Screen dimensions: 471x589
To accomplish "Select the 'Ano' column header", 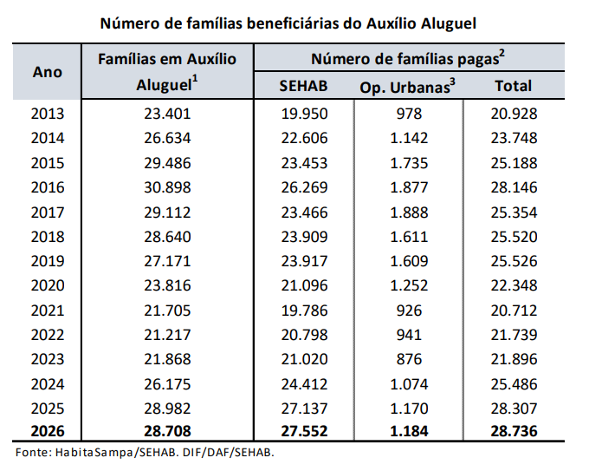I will click(x=47, y=72).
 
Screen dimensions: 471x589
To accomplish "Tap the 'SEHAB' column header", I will click(x=303, y=86).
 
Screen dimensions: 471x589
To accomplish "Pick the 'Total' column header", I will click(x=513, y=86).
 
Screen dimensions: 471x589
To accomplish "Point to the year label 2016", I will click(x=47, y=186).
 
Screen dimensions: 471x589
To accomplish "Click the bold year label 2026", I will click(x=47, y=431).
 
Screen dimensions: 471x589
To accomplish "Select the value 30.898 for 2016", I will click(x=167, y=186).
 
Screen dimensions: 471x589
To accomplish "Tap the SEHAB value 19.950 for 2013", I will click(x=303, y=114).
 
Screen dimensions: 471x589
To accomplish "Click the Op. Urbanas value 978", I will click(x=408, y=114).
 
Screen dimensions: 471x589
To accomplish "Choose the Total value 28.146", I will click(x=513, y=186).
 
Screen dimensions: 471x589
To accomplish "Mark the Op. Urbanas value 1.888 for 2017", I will click(x=408, y=212).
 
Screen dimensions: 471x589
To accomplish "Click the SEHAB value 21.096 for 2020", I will click(x=303, y=285).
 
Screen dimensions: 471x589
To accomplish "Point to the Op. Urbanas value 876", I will click(x=408, y=358).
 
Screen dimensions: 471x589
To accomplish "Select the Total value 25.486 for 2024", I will click(x=513, y=383).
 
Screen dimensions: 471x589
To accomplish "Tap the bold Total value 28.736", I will click(x=513, y=431).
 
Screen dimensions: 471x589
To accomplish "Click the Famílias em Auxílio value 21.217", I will click(x=167, y=334).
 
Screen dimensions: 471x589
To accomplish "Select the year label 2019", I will click(x=47, y=260).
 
